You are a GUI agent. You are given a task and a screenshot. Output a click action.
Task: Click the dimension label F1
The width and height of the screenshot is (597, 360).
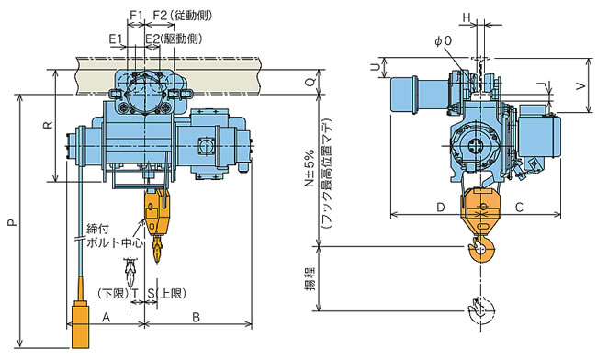click(x=136, y=16)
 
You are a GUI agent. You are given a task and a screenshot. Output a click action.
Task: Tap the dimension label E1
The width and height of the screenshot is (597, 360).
click(x=116, y=39)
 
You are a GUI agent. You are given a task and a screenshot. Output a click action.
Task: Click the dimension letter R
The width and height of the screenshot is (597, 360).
click(x=48, y=125)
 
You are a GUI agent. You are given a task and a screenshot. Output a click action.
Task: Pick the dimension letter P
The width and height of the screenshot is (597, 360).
click(x=13, y=222)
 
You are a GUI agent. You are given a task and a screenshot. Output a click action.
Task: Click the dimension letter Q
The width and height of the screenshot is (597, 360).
click(x=310, y=82)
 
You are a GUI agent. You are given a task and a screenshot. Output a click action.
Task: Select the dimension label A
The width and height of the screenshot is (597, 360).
click(x=107, y=317)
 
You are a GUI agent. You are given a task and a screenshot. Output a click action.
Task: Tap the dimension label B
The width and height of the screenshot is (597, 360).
click(x=196, y=317)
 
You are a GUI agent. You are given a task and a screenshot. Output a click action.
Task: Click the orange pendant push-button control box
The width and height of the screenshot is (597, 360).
click(x=80, y=324)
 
